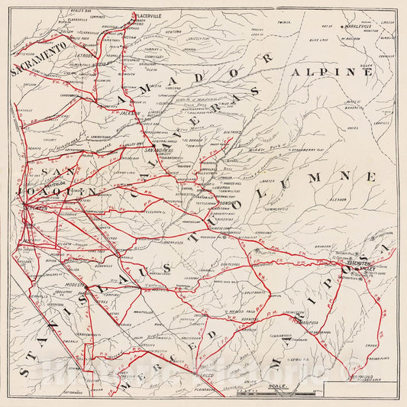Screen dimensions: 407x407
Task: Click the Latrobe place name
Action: click(x=85, y=55)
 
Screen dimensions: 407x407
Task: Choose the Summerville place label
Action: click(x=273, y=208)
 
